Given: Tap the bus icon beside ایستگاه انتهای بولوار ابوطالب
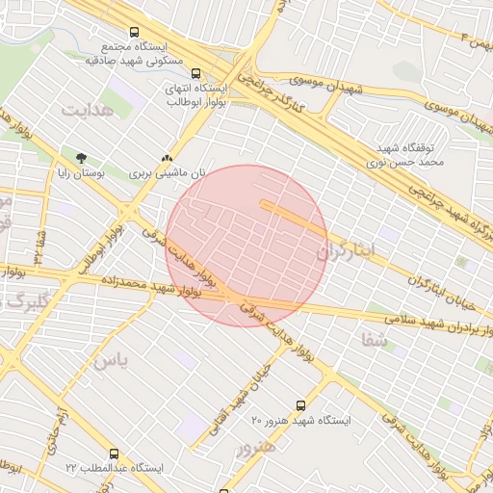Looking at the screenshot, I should pos(196,73).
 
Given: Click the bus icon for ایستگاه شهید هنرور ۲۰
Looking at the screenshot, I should pos(300,405).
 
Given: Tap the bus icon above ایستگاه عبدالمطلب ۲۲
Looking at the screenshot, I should pos(115,453).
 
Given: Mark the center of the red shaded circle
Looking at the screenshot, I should pos(246,246).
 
